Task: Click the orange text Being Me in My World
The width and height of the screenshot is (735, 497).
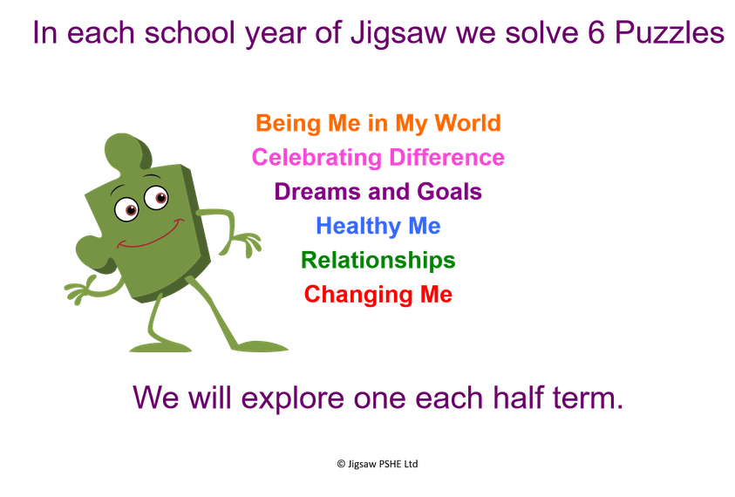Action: [378, 124]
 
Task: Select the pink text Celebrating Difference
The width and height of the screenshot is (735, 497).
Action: [378, 158]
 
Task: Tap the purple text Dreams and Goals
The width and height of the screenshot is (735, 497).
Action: [378, 192]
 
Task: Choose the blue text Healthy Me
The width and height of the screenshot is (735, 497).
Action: [378, 227]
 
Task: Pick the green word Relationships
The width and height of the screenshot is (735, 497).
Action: [378, 261]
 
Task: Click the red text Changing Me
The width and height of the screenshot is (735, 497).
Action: [378, 295]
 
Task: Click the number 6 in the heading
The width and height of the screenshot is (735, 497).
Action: [595, 33]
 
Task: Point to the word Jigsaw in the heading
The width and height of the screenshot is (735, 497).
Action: [398, 35]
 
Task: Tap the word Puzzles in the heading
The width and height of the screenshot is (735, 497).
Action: [670, 33]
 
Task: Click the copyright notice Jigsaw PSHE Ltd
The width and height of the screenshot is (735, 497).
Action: [378, 464]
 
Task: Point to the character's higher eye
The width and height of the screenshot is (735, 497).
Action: [157, 197]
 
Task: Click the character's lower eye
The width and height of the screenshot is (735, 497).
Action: [126, 209]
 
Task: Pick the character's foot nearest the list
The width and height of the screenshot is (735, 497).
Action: [259, 346]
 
